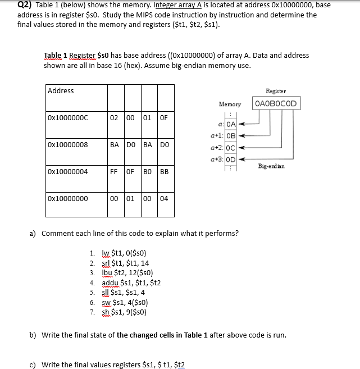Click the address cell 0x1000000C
tap(68, 118)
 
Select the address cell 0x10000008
tap(68, 145)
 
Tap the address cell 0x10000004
tap(68, 172)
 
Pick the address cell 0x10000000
tap(68, 199)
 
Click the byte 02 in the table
tap(114, 118)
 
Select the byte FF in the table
tap(114, 172)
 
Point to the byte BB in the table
tap(164, 172)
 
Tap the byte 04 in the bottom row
tap(163, 199)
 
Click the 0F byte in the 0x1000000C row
tap(163, 118)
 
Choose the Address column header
tap(61, 91)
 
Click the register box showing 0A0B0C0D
tap(276, 103)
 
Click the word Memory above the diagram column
tap(230, 104)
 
